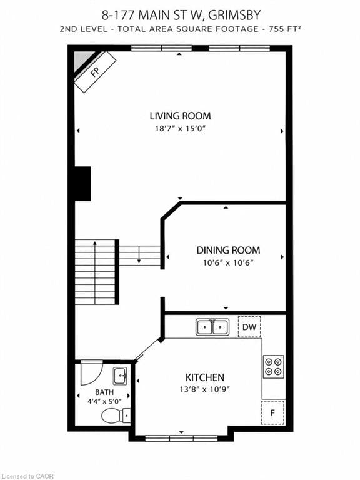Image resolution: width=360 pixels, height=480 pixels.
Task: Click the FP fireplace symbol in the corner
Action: coord(95,72)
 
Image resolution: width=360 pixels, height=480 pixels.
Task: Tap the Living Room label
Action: coord(180,116)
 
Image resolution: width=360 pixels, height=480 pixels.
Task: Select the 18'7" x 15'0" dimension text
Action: coord(180,128)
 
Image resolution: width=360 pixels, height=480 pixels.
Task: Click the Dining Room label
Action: coord(228,250)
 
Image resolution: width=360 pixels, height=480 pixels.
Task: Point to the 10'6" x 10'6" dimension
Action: coord(228,262)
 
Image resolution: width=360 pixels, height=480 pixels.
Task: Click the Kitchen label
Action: coord(205,377)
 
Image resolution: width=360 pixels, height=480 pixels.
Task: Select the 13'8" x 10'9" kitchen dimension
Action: coord(204,389)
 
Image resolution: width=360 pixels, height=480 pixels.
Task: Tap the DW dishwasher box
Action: coord(249,327)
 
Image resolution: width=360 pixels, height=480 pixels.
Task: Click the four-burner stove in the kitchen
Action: coord(273,367)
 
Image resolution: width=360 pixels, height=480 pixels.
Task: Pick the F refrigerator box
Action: coord(272,412)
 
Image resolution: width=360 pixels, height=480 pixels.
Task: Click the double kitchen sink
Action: coord(212,327)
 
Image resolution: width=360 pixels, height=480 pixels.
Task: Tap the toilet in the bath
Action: coord(116,416)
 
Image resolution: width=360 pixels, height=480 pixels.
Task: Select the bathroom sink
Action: coord(120,376)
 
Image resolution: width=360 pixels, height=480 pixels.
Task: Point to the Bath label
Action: coord(104,392)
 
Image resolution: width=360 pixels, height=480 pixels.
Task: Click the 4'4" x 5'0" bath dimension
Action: coord(104,401)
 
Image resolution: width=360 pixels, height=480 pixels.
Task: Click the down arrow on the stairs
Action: coord(139,254)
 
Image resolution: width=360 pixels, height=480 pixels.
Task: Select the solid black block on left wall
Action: coord(82,184)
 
